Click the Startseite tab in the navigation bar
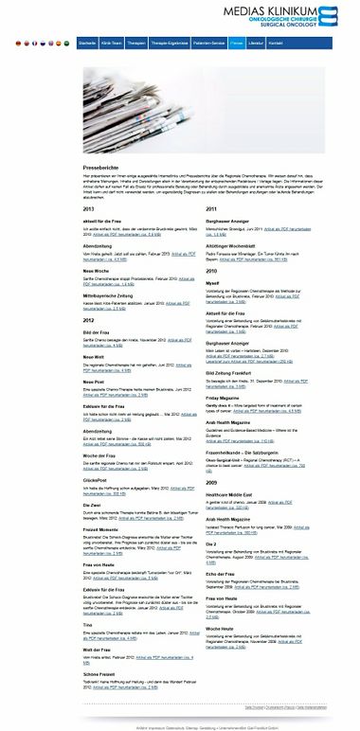click(87, 44)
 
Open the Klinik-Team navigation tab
click(112, 44)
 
